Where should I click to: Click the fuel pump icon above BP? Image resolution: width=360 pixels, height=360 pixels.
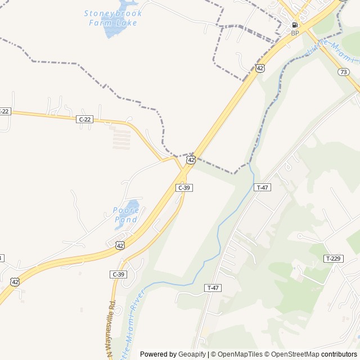295,25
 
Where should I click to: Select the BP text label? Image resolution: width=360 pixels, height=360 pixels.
295,33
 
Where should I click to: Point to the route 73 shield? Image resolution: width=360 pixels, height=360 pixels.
344,71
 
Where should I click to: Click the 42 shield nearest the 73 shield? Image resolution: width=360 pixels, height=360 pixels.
259,68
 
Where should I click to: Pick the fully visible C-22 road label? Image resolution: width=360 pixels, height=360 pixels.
84,119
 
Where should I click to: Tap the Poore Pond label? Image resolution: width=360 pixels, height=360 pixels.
126,214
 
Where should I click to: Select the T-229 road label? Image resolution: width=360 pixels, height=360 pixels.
333,258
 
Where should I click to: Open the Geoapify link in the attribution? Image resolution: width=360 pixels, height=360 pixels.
192,354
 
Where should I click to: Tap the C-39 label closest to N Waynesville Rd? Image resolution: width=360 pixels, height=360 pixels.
118,274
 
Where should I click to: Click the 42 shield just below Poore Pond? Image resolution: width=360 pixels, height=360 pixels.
120,245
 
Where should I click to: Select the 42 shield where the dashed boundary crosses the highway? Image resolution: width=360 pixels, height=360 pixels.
191,160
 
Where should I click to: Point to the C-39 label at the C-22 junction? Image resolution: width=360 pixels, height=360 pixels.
184,187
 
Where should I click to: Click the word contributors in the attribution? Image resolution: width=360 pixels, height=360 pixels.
339,354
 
